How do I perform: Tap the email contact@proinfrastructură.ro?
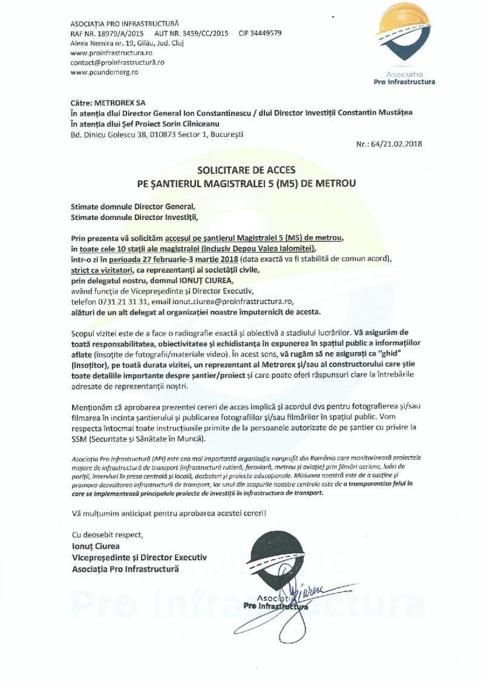point(117,62)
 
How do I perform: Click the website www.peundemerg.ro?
point(105,71)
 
